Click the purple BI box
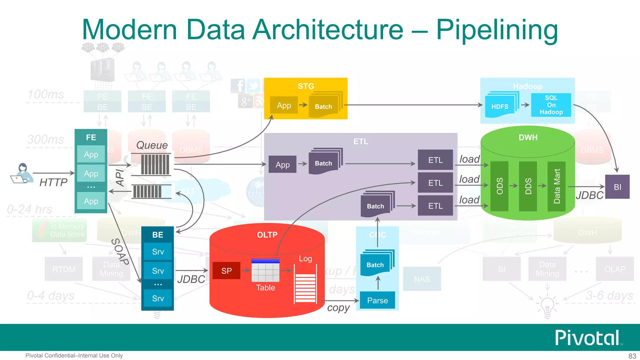pos(617,187)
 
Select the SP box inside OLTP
pos(227,271)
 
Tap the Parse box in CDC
pos(377,300)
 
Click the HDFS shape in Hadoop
pos(500,106)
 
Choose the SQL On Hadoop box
pos(551,105)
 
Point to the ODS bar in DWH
pos(499,186)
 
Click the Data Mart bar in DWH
pos(557,186)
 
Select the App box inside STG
pos(284,105)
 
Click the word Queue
pos(152,145)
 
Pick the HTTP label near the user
pos(53,182)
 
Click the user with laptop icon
pos(22,173)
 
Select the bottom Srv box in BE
pos(158,298)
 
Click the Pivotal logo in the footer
pos(587,338)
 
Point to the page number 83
pos(632,356)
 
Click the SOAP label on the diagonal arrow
pos(120,252)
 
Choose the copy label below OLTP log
pos(338,308)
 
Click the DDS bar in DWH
pos(528,186)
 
